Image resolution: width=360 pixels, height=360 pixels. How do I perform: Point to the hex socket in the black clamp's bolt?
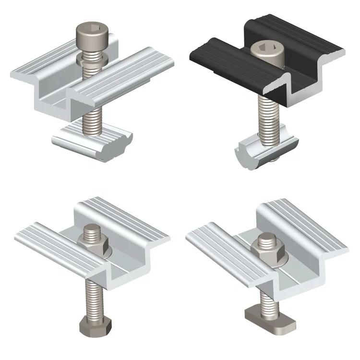[265, 49]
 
